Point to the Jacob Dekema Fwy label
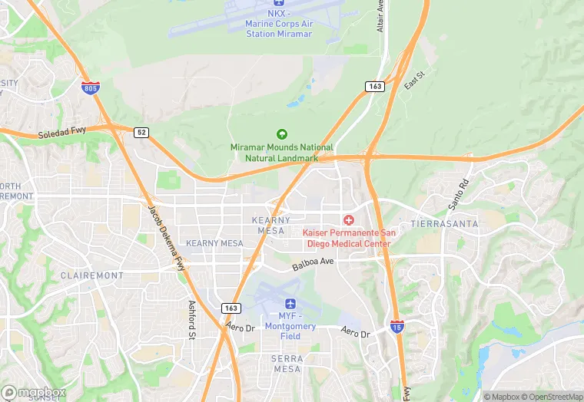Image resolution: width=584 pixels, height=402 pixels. coord(167,231)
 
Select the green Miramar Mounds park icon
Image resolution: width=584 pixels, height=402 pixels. coord(281,134)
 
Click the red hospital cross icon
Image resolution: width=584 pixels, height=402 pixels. coord(349,220)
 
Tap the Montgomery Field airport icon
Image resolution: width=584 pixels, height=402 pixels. coord(290,304)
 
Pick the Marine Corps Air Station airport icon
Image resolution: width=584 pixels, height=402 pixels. coord(278,3)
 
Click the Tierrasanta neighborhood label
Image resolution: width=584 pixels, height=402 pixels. coord(444,223)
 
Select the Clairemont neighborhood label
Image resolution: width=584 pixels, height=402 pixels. coord(91,275)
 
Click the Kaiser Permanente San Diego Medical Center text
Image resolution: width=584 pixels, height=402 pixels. coord(348,238)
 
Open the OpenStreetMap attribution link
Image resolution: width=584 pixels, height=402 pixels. coord(551,397)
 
